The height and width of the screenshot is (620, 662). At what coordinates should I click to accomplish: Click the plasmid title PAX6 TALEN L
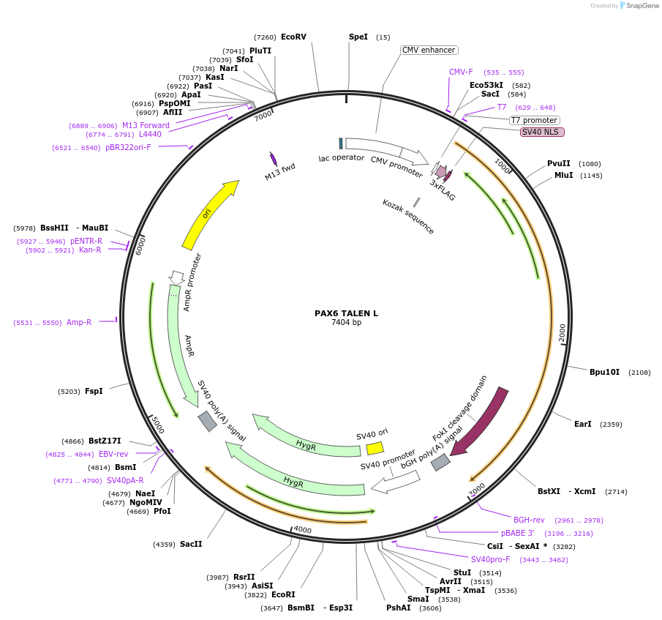tap(346, 313)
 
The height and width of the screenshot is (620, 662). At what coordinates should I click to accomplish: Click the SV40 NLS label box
tap(542, 132)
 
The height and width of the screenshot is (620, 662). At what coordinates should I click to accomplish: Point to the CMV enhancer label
tap(429, 50)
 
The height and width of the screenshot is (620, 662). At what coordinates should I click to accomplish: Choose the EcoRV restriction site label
tap(293, 37)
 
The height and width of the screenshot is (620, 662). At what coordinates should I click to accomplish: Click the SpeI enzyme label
tap(358, 37)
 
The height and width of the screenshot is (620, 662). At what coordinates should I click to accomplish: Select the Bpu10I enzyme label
tap(604, 372)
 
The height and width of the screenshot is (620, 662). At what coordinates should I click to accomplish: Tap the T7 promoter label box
tap(534, 120)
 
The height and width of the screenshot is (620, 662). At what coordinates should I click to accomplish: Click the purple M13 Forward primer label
tap(146, 125)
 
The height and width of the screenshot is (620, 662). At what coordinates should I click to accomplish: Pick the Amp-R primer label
tap(79, 322)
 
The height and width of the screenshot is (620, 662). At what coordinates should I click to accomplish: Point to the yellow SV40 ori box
tap(375, 448)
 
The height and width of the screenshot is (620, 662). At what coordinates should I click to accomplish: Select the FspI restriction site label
tap(94, 391)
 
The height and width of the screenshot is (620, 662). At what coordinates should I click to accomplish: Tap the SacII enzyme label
tap(191, 544)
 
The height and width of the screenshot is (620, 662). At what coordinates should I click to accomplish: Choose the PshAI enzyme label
tap(399, 608)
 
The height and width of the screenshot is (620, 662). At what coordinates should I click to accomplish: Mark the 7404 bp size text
tap(346, 323)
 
